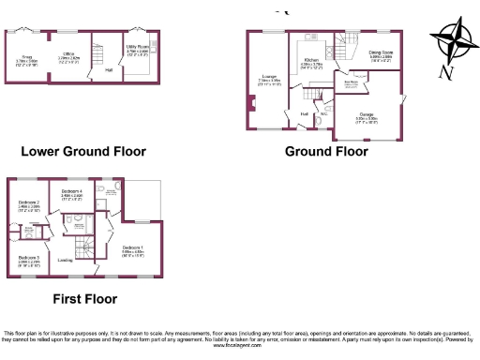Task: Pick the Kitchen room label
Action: (310, 59)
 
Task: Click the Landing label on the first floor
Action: (65, 260)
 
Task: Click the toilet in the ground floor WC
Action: (319, 120)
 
